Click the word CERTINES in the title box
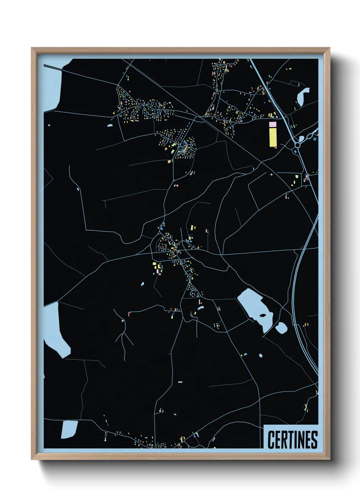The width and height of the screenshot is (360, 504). (292, 440)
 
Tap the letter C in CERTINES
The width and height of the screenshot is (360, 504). (271, 440)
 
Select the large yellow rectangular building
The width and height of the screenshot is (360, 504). (273, 137)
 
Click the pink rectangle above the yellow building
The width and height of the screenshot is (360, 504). (272, 124)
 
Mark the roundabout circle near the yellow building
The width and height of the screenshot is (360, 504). (298, 145)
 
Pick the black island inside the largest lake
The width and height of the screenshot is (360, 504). (263, 315)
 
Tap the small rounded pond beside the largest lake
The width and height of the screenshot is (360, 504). (281, 328)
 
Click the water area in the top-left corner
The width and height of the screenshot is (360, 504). (53, 85)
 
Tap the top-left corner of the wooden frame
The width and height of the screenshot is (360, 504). (32, 48)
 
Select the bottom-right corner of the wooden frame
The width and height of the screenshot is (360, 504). (330, 459)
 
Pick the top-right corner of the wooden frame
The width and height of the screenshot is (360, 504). (330, 48)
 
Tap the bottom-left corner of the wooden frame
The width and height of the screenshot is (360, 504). (32, 459)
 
